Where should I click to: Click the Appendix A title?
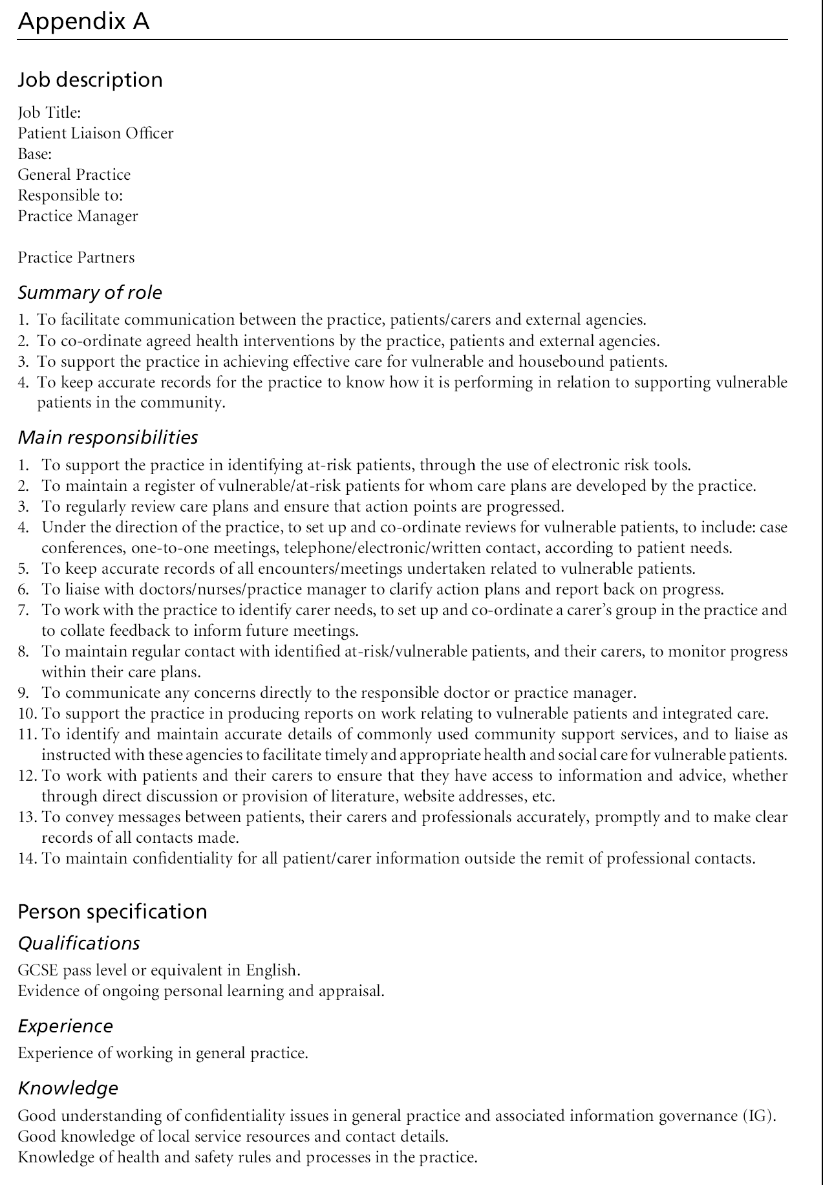(83, 22)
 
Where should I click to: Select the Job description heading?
(90, 80)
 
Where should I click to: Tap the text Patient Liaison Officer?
(96, 133)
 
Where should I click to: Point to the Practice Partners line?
(76, 257)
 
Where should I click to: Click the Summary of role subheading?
(90, 292)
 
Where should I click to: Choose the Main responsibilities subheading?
(107, 437)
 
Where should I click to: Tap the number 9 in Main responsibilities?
(23, 693)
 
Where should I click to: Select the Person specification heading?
(112, 911)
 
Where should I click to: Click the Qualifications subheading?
(79, 943)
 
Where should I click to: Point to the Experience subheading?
(65, 1026)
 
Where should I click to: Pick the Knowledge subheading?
(68, 1088)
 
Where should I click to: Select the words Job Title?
(49, 113)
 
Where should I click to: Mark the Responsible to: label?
(70, 195)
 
